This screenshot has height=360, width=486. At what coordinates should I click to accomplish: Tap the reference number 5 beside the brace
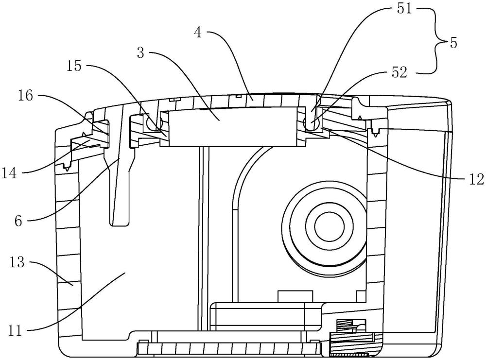pos(453,42)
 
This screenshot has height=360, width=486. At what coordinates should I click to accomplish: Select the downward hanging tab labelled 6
pos(120,189)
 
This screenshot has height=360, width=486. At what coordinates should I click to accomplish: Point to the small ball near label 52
pos(311,123)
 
